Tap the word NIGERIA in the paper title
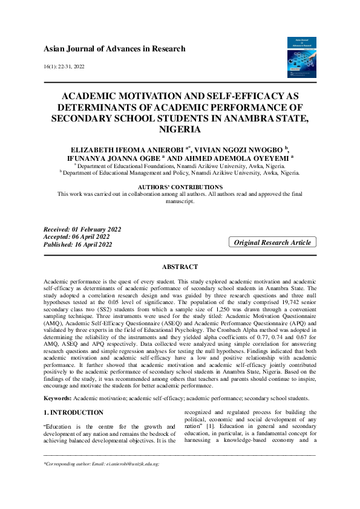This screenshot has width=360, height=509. pos(180,129)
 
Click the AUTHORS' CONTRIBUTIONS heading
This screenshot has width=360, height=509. pos(180,187)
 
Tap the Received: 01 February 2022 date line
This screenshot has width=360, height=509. pos(82,229)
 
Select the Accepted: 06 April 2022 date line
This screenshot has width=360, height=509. pos(79,236)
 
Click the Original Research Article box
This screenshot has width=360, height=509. pos(272,242)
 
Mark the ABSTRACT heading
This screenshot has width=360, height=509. pos(180,267)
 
